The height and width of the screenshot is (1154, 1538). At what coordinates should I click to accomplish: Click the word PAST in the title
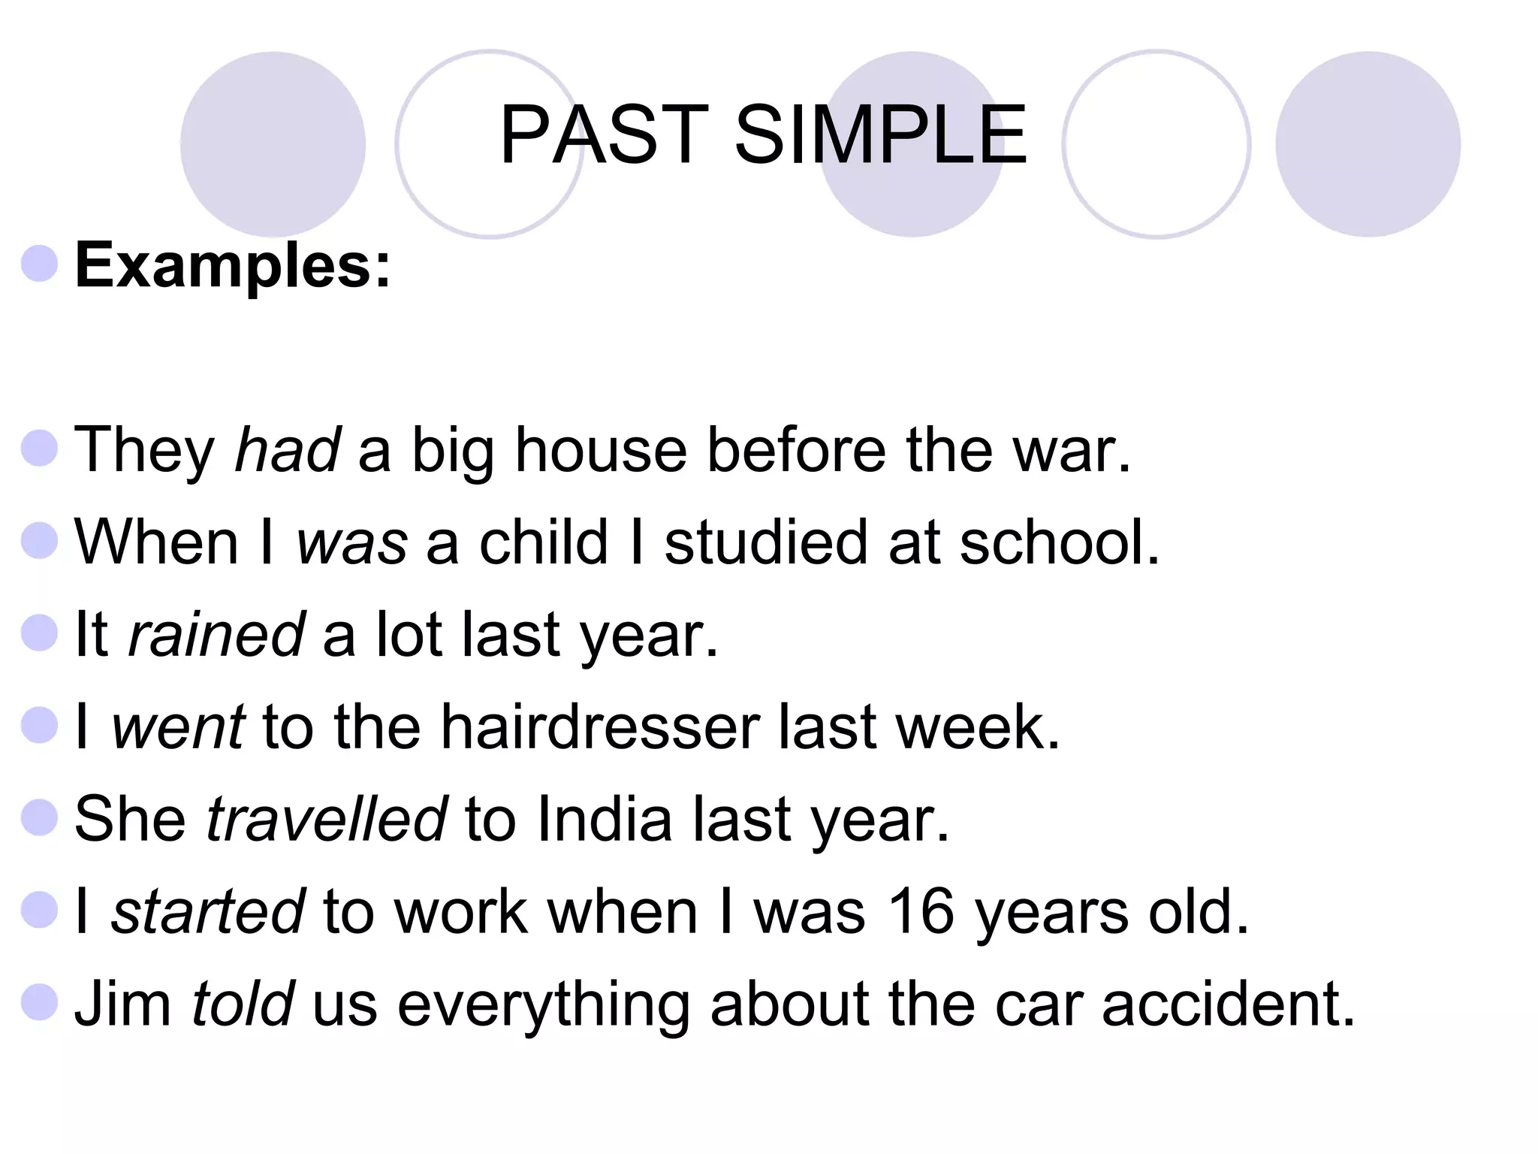coord(604,135)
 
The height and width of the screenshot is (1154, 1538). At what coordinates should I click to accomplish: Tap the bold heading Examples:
coord(233,266)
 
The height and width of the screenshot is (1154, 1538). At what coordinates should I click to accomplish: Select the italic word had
coord(288,450)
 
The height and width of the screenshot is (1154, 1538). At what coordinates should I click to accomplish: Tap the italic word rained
coord(216,635)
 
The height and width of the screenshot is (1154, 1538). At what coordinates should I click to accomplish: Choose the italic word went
coord(178,727)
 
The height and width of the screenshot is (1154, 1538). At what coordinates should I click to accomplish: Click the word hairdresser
coord(599,727)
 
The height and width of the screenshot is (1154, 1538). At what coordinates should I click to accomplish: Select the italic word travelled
coord(327,819)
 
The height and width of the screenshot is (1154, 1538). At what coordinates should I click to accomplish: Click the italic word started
coord(208,911)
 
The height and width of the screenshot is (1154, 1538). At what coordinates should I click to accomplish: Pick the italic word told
coord(243,1004)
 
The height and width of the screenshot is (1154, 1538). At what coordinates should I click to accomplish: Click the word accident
coord(1229,1004)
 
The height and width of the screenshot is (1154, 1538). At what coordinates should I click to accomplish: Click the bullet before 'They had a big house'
coord(40,449)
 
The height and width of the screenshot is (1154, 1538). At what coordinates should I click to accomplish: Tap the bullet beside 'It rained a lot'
coord(40,633)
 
